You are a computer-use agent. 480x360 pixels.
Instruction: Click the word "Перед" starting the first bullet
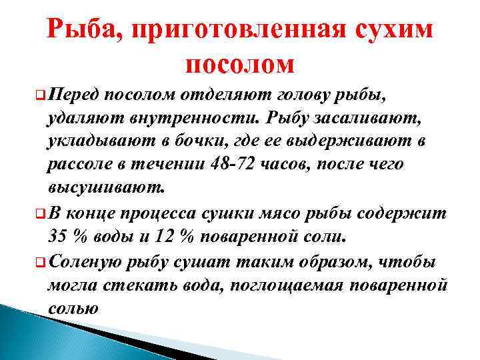coord(73,93)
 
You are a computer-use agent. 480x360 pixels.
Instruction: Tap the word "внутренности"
coord(181,119)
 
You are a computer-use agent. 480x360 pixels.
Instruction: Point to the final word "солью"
coord(73,309)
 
